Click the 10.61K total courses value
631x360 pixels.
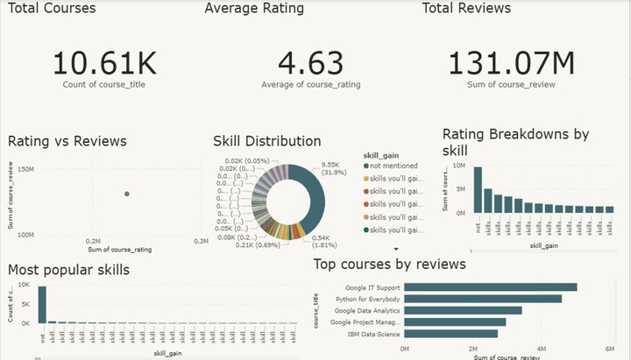103,63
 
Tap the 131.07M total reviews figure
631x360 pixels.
511,63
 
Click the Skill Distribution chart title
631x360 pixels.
266,141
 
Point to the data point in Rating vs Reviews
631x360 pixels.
126,194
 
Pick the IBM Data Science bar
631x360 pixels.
450,333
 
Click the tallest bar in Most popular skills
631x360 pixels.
41,305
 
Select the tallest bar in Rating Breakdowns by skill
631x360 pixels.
478,188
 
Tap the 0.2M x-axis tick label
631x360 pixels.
95,240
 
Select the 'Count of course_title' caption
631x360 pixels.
103,84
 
